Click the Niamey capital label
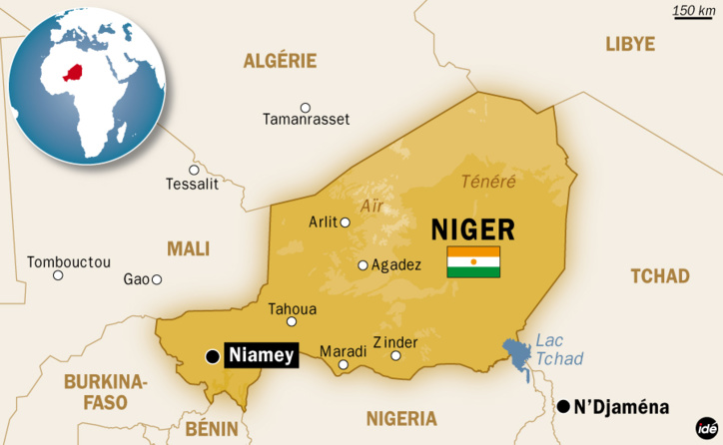tap(262, 355)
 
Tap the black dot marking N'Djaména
tap(564, 405)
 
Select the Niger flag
tap(473, 261)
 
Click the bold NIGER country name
tap(472, 229)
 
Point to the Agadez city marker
tap(363, 265)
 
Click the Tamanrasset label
tap(306, 119)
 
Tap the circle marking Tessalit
tap(194, 169)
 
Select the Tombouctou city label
tap(68, 261)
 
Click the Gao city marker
tap(157, 279)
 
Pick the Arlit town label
tap(324, 222)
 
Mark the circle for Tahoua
tap(292, 321)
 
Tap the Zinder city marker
tap(395, 355)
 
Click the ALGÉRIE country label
tap(280, 61)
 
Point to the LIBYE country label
tap(630, 44)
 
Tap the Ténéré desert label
tap(488, 182)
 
